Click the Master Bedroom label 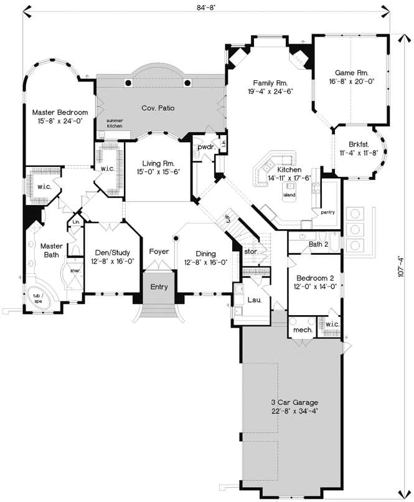[x=60, y=112]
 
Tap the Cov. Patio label [x=158, y=108]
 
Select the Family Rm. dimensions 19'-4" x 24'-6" [x=270, y=92]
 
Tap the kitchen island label [x=289, y=194]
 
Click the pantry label [x=328, y=212]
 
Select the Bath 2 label [x=318, y=244]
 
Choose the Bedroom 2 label [x=316, y=278]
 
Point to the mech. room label [x=303, y=330]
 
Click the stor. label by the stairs [x=252, y=251]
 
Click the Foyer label [x=159, y=252]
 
